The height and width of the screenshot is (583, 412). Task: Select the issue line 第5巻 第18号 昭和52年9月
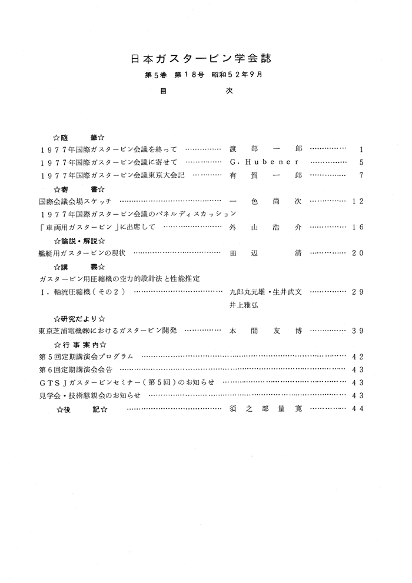[203, 75]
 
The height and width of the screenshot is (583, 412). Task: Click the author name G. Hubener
[265, 162]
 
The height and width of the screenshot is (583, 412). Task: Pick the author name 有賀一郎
[265, 175]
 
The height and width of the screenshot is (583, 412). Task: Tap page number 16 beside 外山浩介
[358, 228]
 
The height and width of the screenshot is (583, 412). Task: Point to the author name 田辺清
[265, 254]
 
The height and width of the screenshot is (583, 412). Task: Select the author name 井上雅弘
[244, 305]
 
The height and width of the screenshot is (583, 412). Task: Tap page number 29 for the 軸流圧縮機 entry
[358, 292]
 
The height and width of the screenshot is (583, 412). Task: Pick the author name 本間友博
[265, 331]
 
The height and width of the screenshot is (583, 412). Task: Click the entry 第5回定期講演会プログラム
[87, 357]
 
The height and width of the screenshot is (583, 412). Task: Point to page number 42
[358, 357]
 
